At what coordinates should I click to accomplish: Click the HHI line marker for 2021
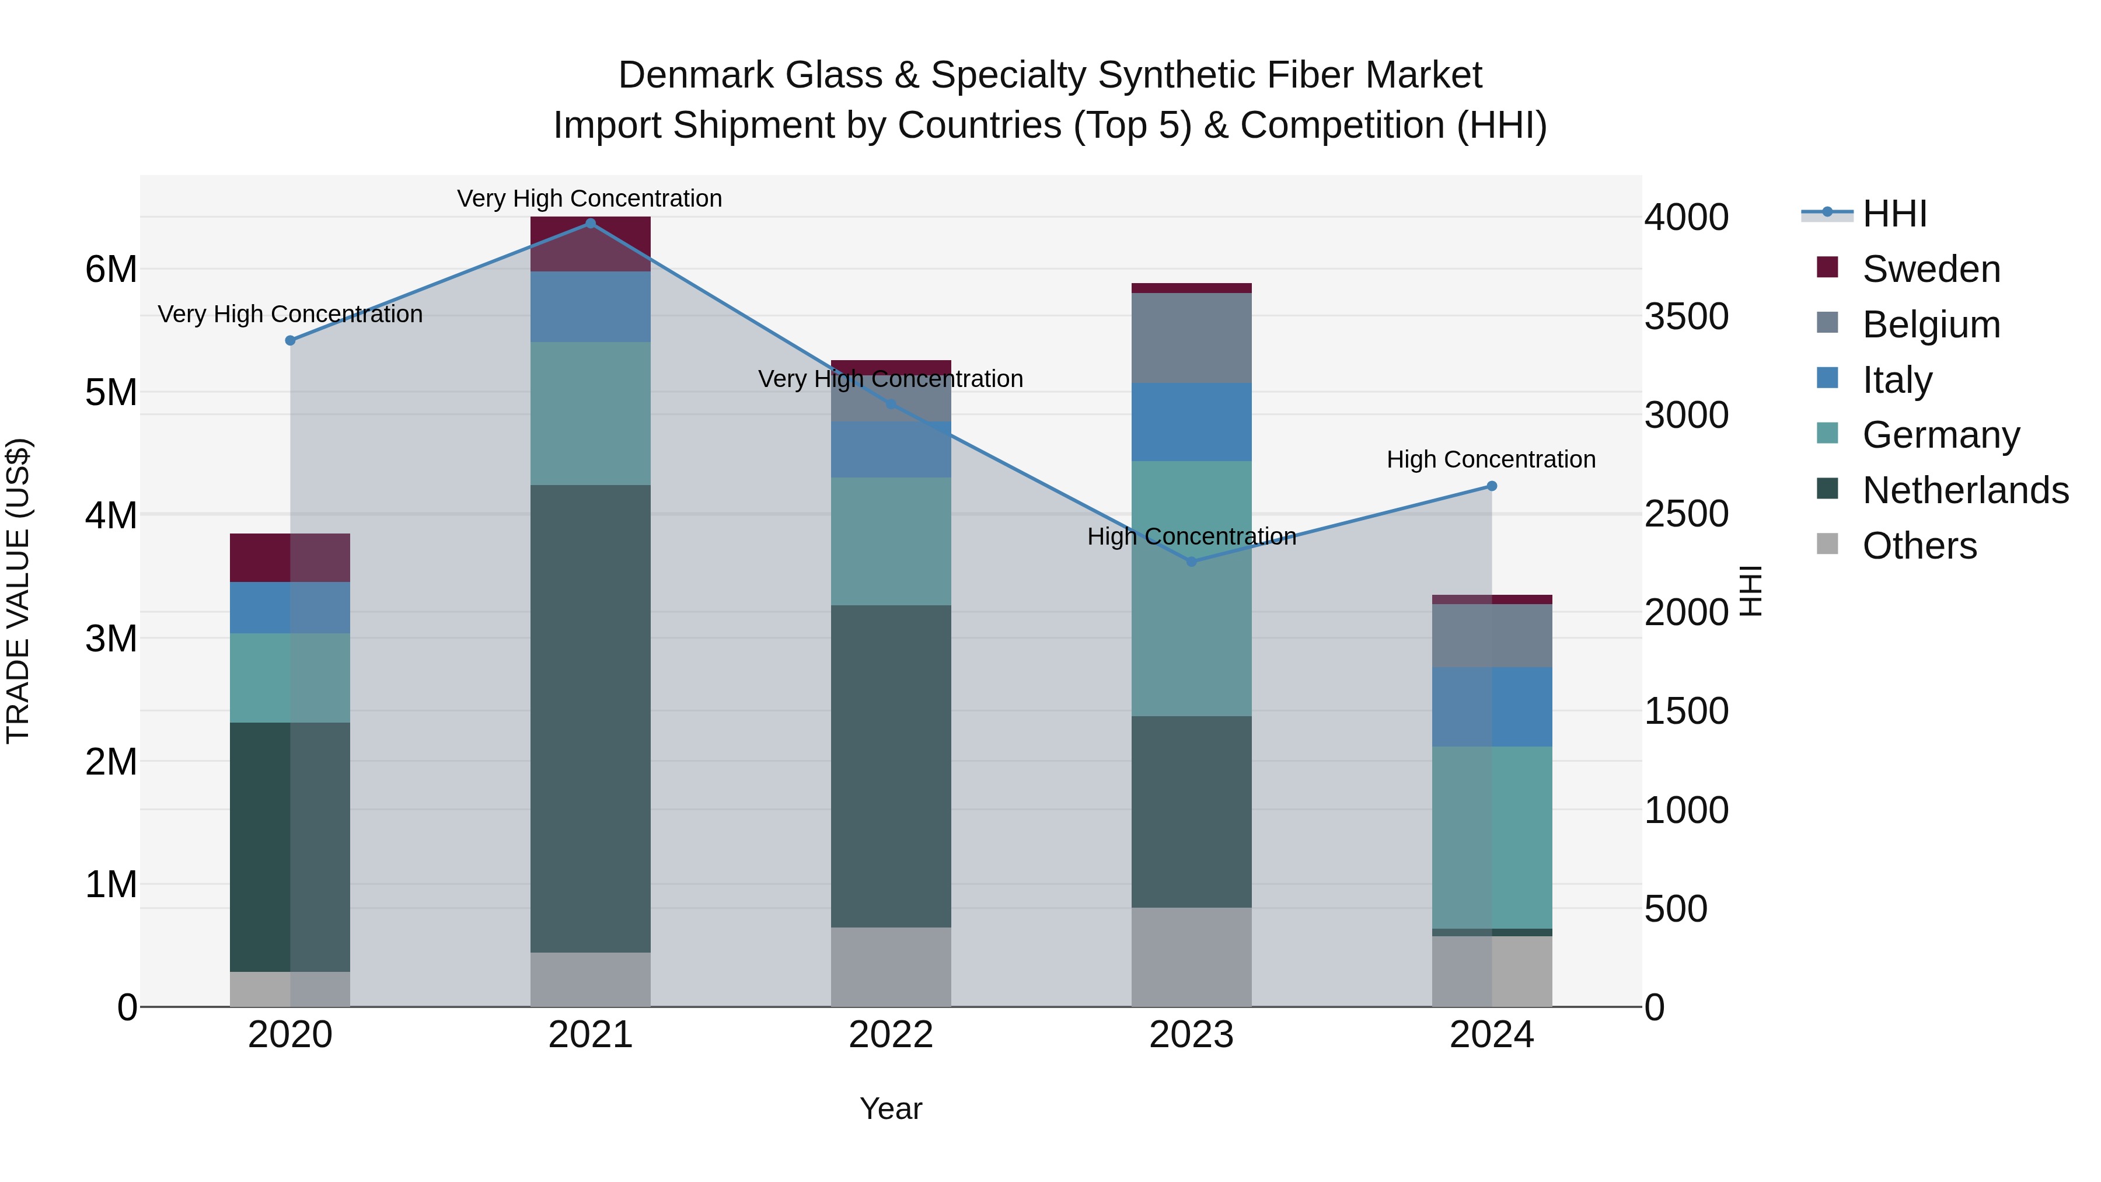[591, 224]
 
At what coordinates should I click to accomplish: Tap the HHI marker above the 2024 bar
[1492, 486]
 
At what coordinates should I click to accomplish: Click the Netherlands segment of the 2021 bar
[591, 718]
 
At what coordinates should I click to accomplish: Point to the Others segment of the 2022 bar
[891, 967]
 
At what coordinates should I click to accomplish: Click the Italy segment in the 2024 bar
[1492, 706]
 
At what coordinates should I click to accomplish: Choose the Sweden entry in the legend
[1931, 269]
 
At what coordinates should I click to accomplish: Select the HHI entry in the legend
[1894, 214]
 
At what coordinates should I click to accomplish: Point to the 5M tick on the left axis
[111, 392]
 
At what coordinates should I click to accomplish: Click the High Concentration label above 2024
[1491, 459]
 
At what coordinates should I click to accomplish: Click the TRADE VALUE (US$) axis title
[18, 591]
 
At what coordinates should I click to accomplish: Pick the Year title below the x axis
[891, 1108]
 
